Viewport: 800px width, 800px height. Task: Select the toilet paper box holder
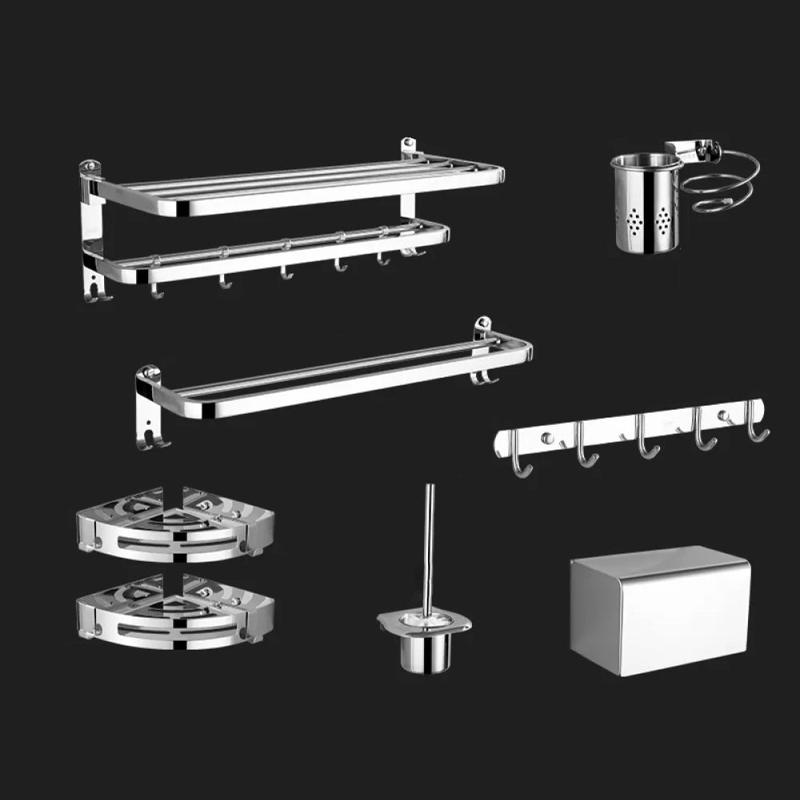(660, 612)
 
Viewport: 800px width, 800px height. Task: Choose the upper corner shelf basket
(175, 526)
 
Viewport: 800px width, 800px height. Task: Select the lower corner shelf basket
(175, 612)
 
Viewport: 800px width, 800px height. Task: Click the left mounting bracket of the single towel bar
(148, 408)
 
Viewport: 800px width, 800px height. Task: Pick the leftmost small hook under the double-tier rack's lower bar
(156, 290)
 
